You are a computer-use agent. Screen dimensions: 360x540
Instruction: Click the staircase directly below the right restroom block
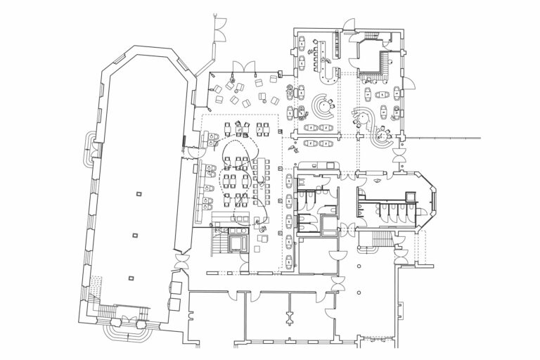[371, 240]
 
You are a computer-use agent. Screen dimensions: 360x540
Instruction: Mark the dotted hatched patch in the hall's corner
[96, 287]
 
